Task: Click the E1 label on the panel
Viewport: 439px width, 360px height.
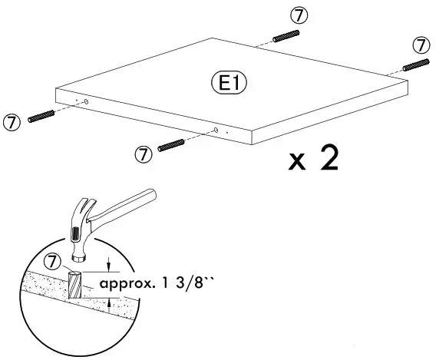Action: coord(229,83)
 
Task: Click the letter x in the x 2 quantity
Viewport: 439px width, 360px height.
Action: coord(297,162)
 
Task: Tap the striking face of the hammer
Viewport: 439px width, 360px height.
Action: coord(79,258)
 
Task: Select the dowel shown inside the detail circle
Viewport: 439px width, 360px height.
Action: coord(74,285)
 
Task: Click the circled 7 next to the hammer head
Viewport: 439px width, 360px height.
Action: coord(53,262)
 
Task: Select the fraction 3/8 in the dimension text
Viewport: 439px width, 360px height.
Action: coord(189,283)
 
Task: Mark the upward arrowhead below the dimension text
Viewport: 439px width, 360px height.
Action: coord(109,302)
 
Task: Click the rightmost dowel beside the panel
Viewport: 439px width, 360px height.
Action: coord(416,64)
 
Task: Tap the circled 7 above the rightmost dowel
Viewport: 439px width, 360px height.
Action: coord(421,45)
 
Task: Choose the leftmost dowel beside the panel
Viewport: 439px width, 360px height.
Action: coord(41,116)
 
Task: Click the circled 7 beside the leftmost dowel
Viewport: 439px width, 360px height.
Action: coord(12,122)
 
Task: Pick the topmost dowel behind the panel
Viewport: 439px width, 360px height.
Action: coord(286,36)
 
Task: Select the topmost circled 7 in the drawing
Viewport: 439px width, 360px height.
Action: coord(299,15)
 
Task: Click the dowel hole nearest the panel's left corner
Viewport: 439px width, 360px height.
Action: coord(86,102)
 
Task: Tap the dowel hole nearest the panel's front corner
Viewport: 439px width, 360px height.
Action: coord(216,130)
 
